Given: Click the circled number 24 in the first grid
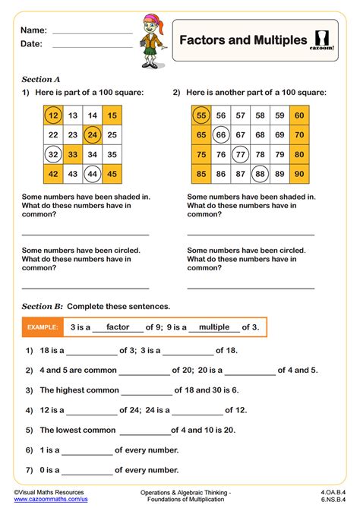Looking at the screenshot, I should point(93,135).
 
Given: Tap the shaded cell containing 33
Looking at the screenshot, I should point(73,154).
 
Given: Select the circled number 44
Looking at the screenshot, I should point(93,174).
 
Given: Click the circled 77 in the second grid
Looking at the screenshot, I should point(240,154).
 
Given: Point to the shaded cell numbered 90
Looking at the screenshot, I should point(299,174).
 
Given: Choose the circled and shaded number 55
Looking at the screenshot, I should point(201,115).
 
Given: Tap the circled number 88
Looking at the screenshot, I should point(260,174).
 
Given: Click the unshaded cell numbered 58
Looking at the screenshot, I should point(260,115).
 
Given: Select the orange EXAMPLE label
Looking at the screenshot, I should point(43,327).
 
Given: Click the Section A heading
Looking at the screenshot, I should point(41,79).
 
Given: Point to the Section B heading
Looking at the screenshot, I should point(41,306).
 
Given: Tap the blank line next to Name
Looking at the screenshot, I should point(92,32).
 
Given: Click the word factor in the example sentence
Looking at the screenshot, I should point(118,327).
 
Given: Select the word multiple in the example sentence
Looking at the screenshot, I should point(213,327).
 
